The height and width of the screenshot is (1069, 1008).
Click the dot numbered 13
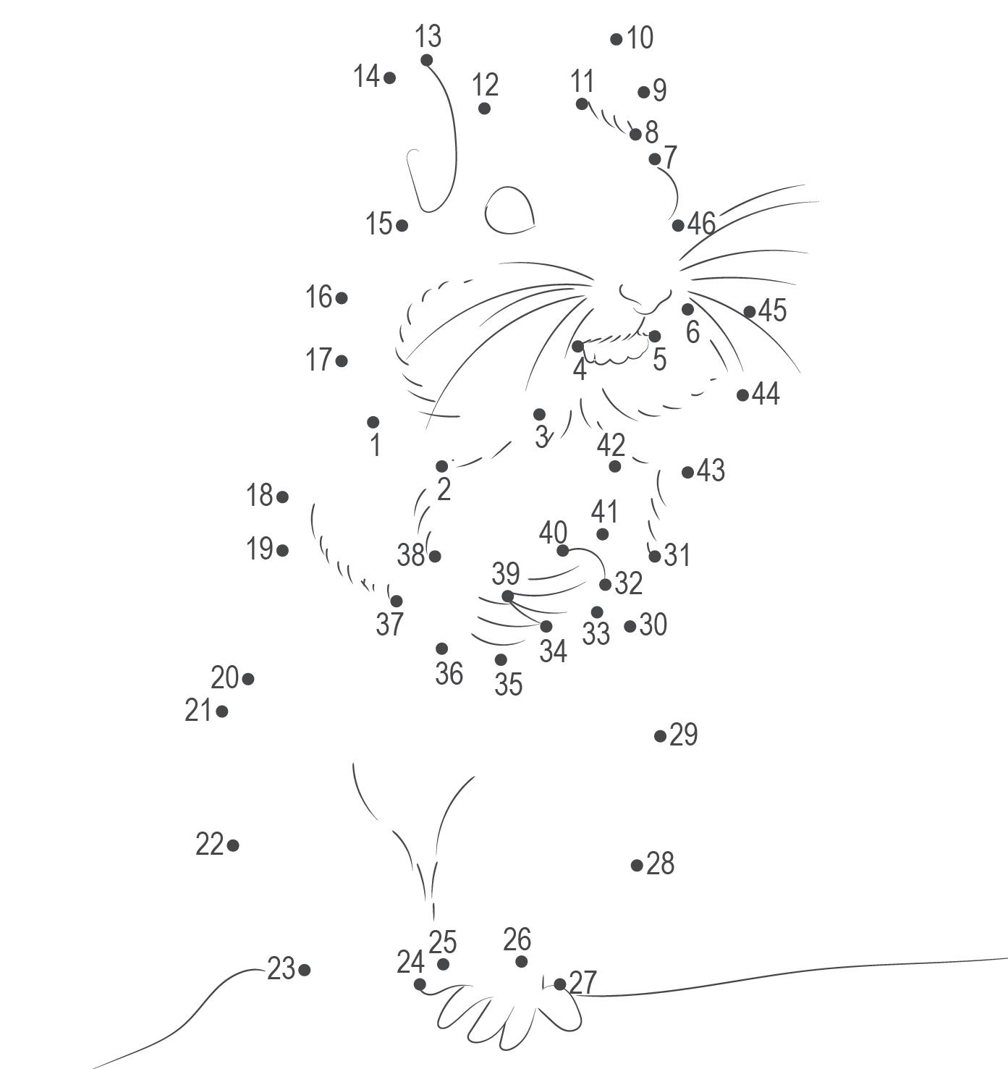tap(426, 60)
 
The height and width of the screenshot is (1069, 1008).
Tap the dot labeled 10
tap(616, 39)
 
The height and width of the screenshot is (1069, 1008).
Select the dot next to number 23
tap(304, 970)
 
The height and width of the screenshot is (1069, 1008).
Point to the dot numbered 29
tap(660, 736)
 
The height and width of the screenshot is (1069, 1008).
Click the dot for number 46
tap(678, 226)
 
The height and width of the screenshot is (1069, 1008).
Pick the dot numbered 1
tap(373, 422)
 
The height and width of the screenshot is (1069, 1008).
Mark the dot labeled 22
tap(233, 845)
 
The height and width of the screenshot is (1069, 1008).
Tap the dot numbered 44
tap(742, 395)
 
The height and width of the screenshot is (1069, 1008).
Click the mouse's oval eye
tap(509, 211)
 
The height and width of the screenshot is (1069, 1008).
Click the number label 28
tap(660, 863)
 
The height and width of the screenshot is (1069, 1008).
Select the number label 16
tap(318, 297)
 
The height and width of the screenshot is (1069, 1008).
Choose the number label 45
tap(772, 310)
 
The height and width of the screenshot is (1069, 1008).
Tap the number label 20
tap(224, 678)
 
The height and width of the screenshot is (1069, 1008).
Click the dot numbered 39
tap(507, 596)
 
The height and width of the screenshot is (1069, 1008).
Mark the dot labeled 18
tap(282, 497)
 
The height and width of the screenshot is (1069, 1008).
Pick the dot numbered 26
tap(521, 962)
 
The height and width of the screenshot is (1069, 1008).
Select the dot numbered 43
tap(687, 473)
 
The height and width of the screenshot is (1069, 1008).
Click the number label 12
tap(485, 85)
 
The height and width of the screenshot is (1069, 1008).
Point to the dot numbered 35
tap(501, 659)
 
